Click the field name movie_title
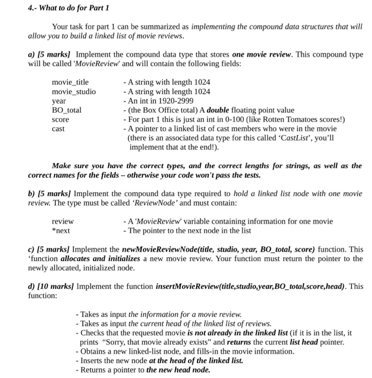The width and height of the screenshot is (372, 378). (x=70, y=82)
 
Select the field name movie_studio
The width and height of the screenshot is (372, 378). (x=73, y=91)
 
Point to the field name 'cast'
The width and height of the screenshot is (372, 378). (x=58, y=129)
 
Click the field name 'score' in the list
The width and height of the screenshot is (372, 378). (x=60, y=119)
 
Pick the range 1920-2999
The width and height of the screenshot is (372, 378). (x=178, y=101)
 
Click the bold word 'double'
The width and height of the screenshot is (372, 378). (x=218, y=110)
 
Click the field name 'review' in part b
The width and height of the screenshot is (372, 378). (x=63, y=221)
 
